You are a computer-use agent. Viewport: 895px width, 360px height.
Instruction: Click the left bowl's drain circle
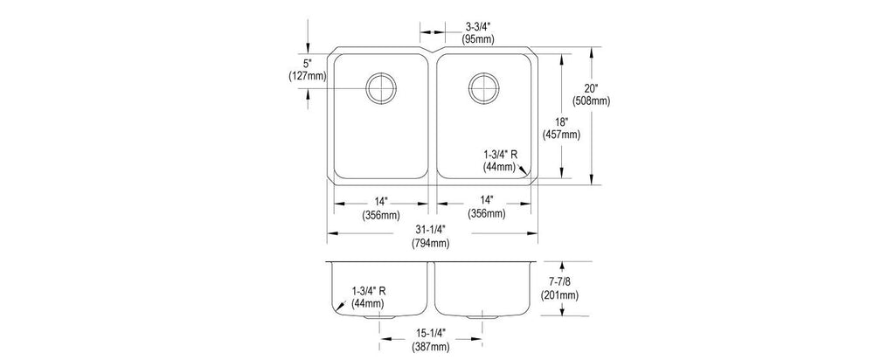tap(366, 88)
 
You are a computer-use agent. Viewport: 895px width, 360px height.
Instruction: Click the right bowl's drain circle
tap(468, 88)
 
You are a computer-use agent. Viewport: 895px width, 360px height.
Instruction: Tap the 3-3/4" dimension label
tap(478, 27)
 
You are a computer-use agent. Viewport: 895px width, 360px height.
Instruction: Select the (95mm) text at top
tap(478, 39)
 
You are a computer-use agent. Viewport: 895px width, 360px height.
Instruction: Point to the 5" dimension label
tap(309, 63)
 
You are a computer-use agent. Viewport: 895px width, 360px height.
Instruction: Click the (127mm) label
tap(308, 75)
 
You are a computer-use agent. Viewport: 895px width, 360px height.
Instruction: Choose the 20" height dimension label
tap(591, 88)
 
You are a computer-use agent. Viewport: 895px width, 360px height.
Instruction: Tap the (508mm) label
tap(591, 101)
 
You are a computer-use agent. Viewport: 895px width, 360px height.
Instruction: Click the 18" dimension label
tap(562, 122)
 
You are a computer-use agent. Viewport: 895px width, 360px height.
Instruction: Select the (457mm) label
tap(562, 135)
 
